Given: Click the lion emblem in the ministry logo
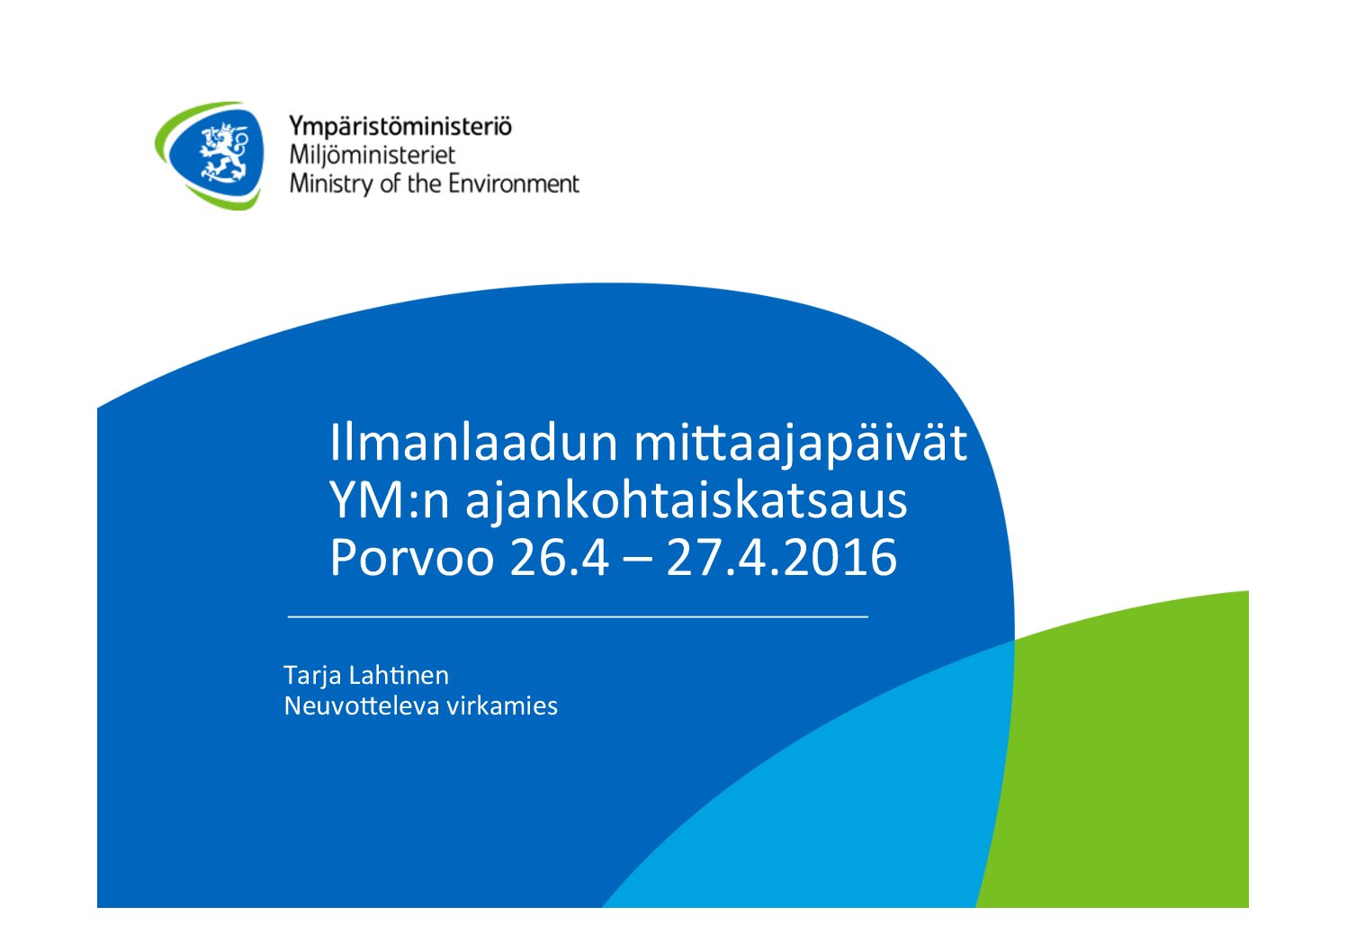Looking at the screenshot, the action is click(224, 152).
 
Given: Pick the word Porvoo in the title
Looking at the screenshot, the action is click(412, 558).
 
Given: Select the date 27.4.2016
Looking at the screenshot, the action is click(782, 558).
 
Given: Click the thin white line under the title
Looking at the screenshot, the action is click(578, 616).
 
